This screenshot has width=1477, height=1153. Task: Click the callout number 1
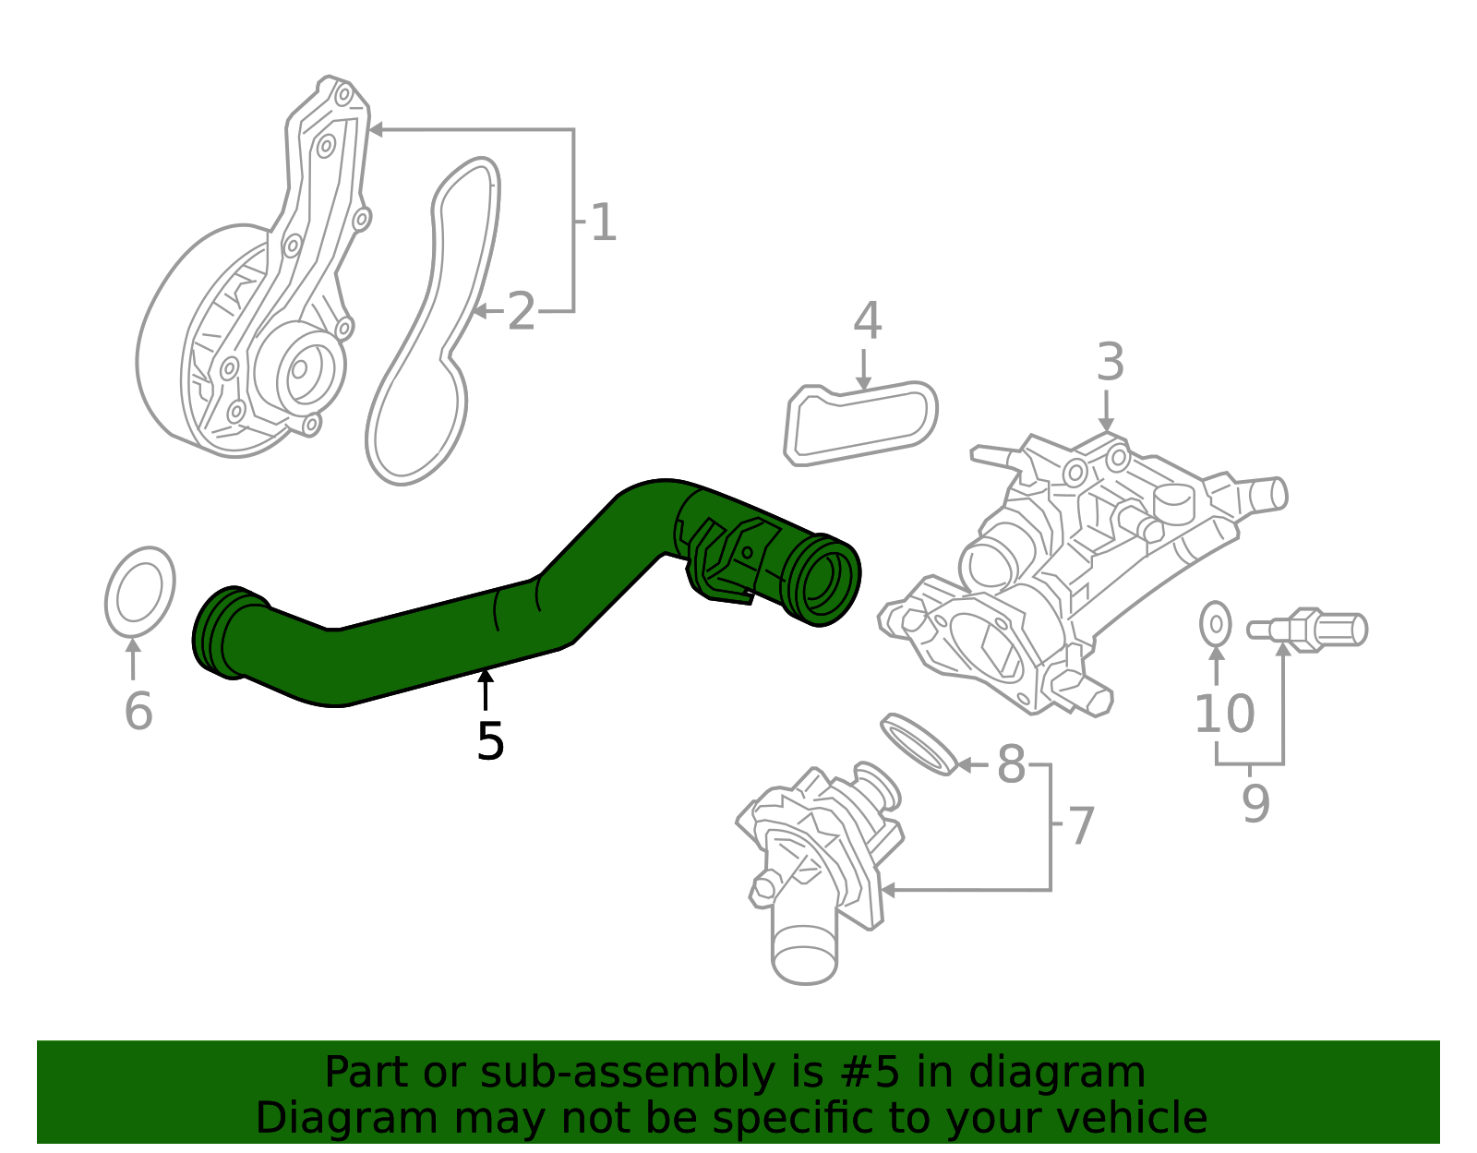click(603, 223)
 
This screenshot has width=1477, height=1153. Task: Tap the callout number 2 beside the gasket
click(522, 313)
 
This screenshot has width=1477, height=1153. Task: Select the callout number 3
click(1111, 363)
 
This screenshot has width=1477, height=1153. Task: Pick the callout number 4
click(867, 321)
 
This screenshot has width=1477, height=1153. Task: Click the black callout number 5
click(490, 742)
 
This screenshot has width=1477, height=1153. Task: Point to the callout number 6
click(138, 712)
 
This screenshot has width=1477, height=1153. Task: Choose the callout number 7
click(1081, 826)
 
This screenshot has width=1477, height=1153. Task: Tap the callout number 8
click(1012, 765)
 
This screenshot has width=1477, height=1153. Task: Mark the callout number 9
click(1255, 804)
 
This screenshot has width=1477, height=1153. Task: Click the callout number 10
click(1224, 715)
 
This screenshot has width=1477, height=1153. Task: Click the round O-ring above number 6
click(140, 593)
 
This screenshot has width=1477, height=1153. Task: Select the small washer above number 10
click(1216, 625)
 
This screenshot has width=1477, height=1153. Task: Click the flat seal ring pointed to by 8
click(919, 743)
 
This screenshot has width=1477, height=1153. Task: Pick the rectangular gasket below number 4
click(860, 424)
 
